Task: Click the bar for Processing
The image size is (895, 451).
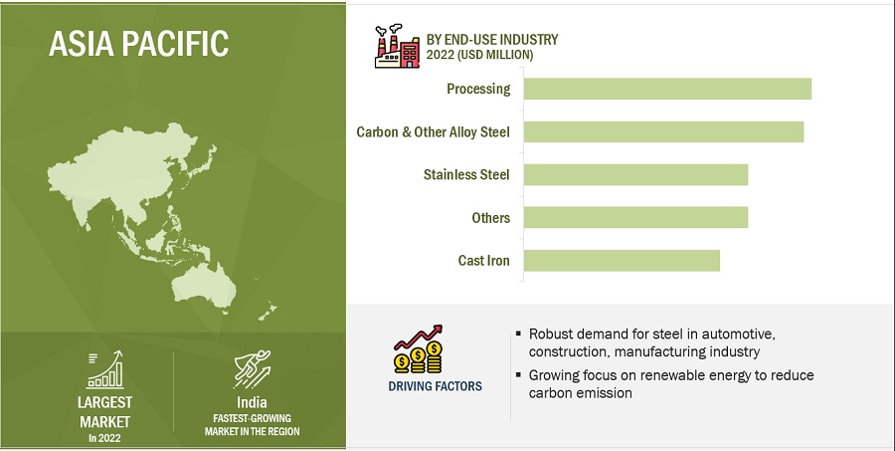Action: [667, 89]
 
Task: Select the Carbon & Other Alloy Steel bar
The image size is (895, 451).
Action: [664, 131]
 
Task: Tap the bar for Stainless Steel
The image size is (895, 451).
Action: [635, 174]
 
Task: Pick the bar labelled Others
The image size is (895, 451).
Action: [635, 217]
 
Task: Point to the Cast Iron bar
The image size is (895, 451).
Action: [622, 260]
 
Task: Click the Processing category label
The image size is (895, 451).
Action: [478, 90]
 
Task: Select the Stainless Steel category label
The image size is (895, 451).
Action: [466, 174]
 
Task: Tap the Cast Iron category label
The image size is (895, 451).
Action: [483, 261]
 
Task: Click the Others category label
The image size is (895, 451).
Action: [491, 218]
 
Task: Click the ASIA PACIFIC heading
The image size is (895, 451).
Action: [138, 43]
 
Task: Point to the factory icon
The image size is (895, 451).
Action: [397, 47]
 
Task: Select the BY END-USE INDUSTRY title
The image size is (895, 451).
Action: [492, 40]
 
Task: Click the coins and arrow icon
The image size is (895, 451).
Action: [419, 348]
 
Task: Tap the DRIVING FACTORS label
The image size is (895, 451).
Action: [435, 386]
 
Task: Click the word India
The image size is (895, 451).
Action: [252, 402]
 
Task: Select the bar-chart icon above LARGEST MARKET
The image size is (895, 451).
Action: [104, 369]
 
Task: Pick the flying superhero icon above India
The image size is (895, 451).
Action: [253, 369]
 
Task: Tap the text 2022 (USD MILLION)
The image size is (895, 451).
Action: [479, 55]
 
